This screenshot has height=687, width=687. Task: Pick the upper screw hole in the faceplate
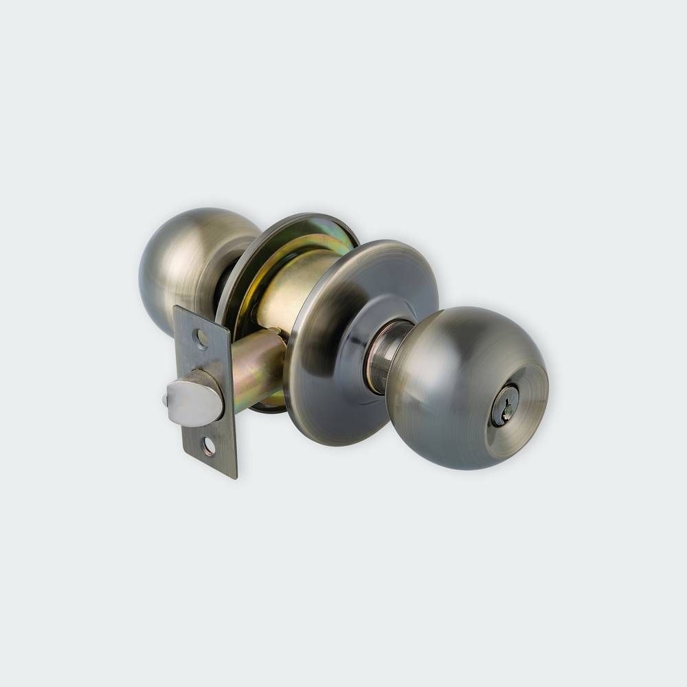pyautogui.click(x=200, y=337)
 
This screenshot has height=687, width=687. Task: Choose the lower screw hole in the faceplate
pyautogui.click(x=209, y=446)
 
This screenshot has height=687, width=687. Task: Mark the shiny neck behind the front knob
pyautogui.click(x=385, y=354)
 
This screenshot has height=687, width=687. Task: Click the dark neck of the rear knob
pyautogui.click(x=225, y=282)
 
